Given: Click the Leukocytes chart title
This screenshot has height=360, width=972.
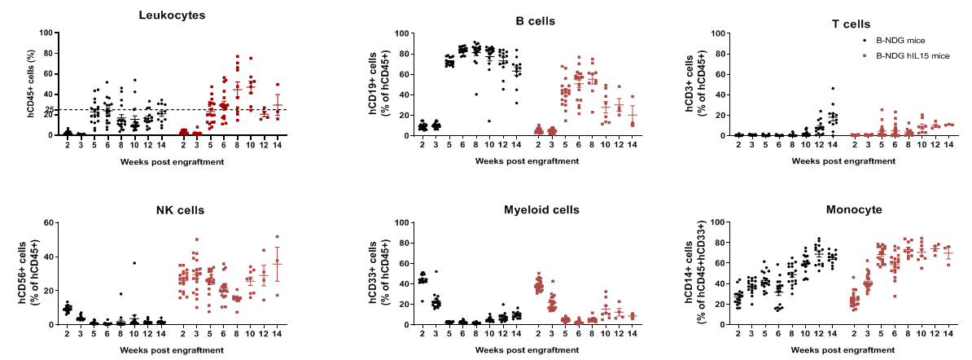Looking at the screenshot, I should pos(172,15).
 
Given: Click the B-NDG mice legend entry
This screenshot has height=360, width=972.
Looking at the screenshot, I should pos(900,40).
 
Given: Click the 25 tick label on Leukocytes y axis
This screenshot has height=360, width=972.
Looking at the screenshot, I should pos(50,110).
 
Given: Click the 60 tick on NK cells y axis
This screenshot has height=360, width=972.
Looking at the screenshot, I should pos(49,222).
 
